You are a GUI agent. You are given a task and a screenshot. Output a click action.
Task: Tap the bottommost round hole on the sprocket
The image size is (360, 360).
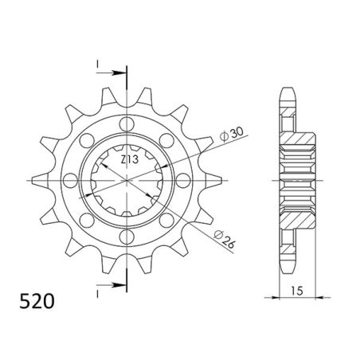[126, 239]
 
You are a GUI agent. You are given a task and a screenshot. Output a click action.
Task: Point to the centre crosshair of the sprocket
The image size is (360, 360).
[126, 182]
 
